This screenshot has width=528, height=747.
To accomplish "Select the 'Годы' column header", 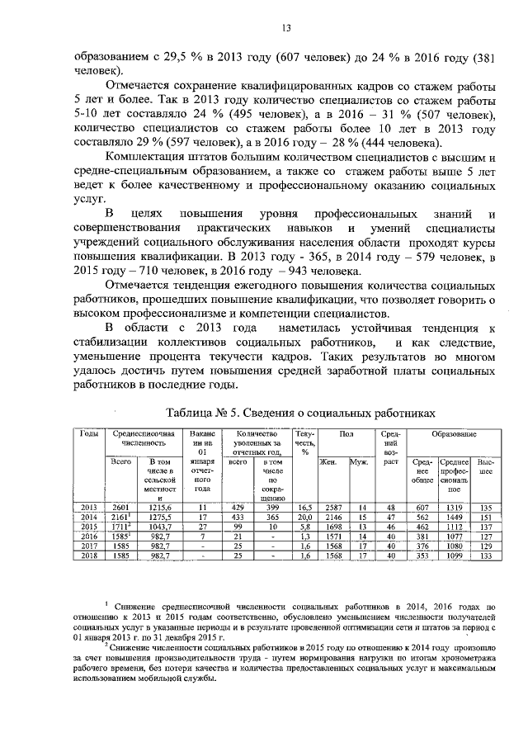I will pyautogui.click(x=88, y=434).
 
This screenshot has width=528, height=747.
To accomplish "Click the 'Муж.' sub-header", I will pyautogui.click(x=361, y=462).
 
